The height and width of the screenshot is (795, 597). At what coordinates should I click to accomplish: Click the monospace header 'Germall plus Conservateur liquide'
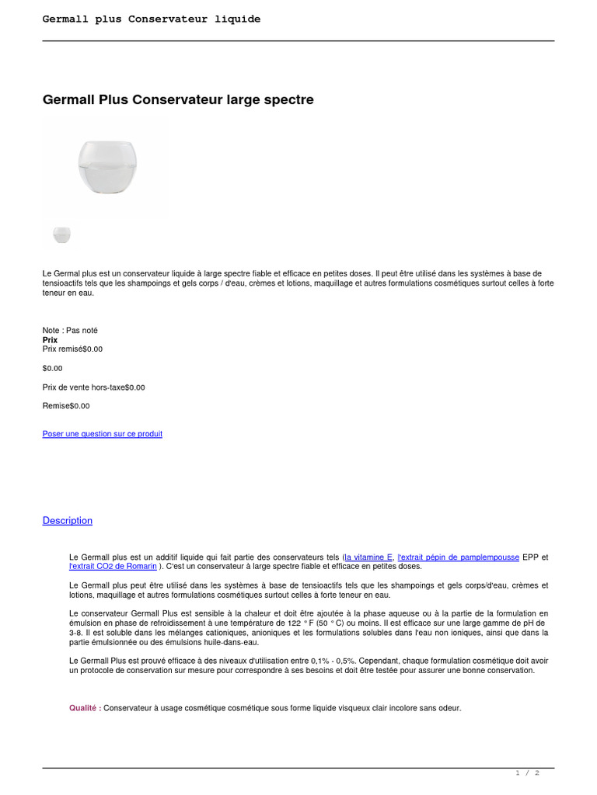(152, 19)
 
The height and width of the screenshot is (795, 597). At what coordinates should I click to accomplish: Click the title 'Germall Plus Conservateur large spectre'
(178, 100)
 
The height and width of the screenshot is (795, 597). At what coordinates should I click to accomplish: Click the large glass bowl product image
(107, 168)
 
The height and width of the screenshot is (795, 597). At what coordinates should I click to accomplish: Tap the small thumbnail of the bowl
(61, 234)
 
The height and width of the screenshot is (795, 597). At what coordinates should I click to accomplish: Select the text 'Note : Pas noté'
(70, 330)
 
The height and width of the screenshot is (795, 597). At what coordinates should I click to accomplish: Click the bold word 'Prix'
(51, 340)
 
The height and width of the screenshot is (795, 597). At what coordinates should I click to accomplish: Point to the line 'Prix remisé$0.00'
(72, 349)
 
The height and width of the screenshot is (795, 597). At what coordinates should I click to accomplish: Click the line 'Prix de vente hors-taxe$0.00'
(93, 387)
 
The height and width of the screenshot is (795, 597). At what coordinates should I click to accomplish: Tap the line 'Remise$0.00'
(66, 406)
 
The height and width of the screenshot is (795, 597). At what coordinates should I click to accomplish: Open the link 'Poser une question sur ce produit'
(103, 434)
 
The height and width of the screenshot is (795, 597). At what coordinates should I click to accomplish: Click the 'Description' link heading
(68, 521)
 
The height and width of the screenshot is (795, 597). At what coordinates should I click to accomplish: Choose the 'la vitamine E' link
(369, 557)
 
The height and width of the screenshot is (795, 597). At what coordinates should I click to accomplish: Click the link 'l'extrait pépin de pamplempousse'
(458, 557)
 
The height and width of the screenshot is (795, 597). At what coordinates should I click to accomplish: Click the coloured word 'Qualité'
(83, 708)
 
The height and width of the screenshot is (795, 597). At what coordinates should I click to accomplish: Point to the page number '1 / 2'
(527, 773)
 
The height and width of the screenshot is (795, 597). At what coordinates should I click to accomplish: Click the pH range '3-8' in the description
(76, 633)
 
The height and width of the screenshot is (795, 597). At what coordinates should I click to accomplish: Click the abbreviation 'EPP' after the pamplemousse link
(530, 557)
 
